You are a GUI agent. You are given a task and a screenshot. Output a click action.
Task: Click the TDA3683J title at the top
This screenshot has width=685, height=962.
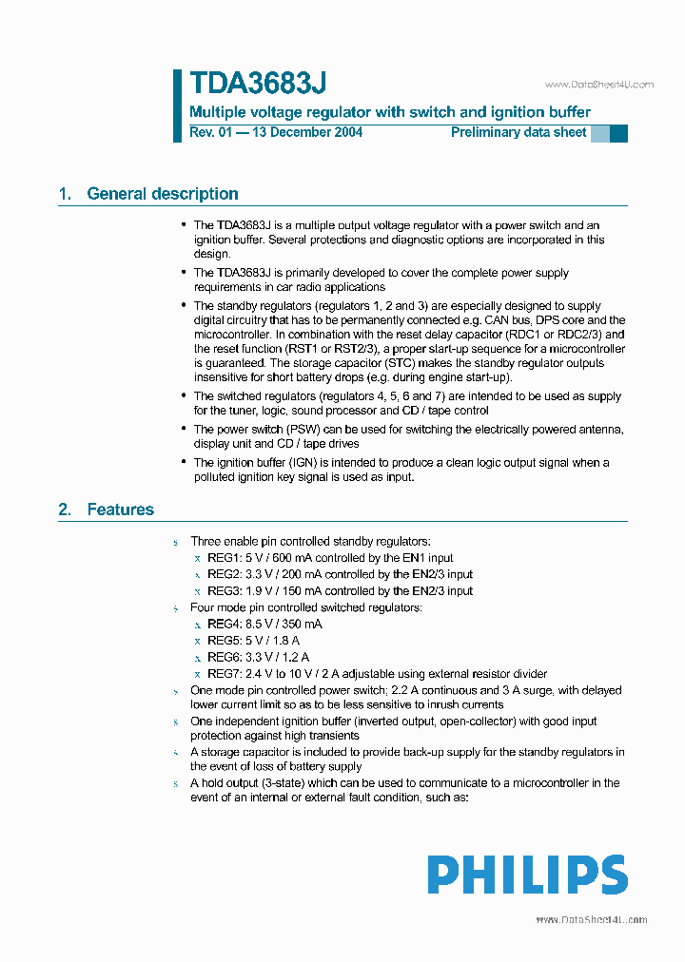click(x=258, y=84)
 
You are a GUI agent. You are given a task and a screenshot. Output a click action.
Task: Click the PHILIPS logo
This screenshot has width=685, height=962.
click(x=527, y=875)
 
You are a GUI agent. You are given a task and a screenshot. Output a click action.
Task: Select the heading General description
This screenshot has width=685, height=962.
click(x=163, y=194)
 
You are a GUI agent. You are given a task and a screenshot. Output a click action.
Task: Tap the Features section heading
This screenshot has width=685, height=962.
click(x=120, y=510)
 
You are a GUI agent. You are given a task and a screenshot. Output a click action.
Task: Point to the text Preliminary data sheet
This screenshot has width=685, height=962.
click(x=519, y=132)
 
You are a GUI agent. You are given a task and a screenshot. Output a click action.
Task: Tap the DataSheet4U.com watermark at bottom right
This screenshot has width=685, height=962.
click(x=592, y=919)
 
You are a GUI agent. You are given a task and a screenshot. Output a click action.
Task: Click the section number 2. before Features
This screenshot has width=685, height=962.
click(x=65, y=510)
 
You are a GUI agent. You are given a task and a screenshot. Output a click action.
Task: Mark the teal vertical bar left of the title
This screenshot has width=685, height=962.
click(x=177, y=106)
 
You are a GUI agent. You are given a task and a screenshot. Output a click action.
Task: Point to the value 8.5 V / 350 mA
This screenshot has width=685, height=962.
click(x=284, y=624)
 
